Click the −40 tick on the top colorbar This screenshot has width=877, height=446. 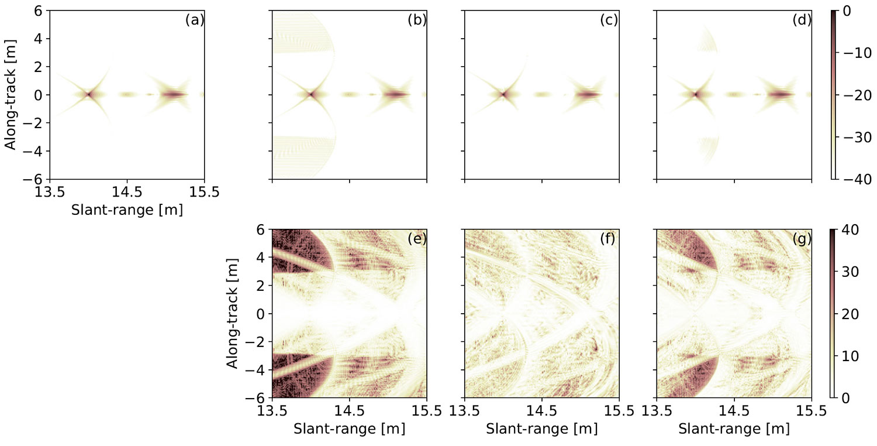coord(857,179)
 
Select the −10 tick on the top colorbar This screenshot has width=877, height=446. coord(857,53)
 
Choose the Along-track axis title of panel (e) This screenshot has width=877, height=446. coord(233,314)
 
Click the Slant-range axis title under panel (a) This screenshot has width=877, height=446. coord(127,210)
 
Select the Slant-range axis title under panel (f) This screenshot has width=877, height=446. coord(541,429)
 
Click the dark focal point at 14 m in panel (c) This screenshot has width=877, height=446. coord(503,94)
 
